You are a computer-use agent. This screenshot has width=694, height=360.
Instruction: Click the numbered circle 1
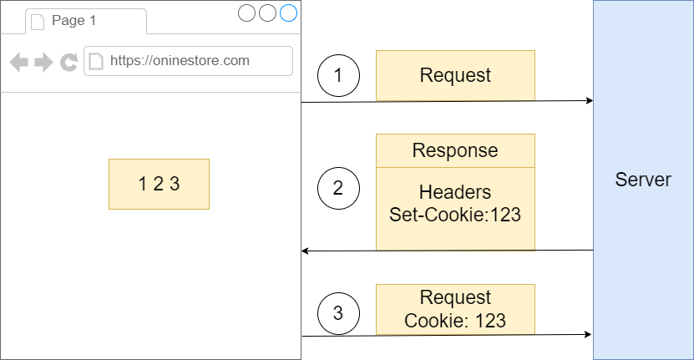[x=338, y=76]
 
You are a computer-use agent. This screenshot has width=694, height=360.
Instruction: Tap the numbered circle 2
[x=338, y=188]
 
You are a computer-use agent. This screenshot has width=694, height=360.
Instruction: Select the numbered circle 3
[x=338, y=313]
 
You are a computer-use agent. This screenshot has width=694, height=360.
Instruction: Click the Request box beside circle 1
[x=455, y=76]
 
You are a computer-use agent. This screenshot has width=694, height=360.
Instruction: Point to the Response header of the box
[x=455, y=150]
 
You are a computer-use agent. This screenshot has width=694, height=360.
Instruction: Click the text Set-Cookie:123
[x=455, y=214]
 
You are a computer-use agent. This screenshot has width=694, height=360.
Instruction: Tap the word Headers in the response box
[x=455, y=192]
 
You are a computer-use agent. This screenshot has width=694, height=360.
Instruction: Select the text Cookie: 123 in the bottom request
[x=455, y=320]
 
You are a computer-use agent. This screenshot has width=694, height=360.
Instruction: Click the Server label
[x=643, y=180]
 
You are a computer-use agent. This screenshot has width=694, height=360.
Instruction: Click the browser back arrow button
[x=19, y=61]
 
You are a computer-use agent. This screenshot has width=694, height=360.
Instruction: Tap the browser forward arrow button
[x=43, y=61]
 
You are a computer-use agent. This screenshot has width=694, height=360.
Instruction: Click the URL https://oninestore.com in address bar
[x=180, y=60]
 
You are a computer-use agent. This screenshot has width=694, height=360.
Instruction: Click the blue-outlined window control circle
[x=288, y=13]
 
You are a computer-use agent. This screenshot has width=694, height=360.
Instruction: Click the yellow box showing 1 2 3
[x=159, y=184]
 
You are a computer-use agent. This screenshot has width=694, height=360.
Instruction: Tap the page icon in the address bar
[x=96, y=61]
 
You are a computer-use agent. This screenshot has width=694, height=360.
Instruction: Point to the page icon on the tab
[x=38, y=22]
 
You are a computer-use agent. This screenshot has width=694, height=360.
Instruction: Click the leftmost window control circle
[x=246, y=13]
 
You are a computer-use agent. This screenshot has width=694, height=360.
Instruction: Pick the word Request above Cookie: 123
[x=455, y=298]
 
